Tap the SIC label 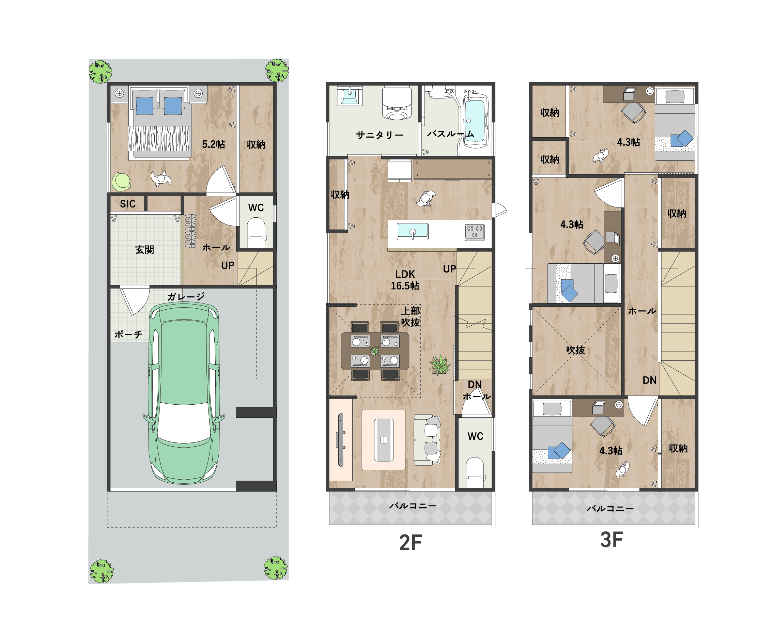coord(128,204)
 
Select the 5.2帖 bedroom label coord(214,144)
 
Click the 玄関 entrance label coord(144,250)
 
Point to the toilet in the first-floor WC coord(256,233)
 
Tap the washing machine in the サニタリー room coord(397,104)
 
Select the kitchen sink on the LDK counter coord(413,232)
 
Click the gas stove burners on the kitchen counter coord(475,232)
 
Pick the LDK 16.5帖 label coord(405,280)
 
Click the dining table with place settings coord(375,351)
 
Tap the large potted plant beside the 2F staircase coord(439,365)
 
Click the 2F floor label coord(410,543)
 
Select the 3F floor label coord(611,540)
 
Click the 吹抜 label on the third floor coord(575,350)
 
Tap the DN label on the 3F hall coord(649,380)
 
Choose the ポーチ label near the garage coord(128,334)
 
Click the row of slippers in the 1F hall coord(190,231)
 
